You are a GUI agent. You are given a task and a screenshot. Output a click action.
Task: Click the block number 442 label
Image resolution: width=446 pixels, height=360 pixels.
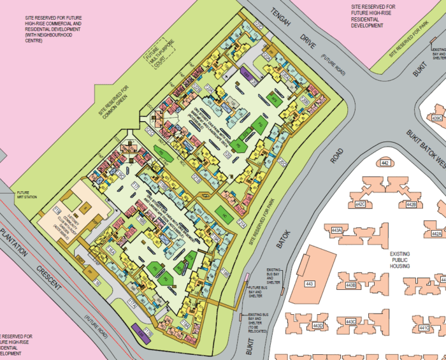click(x=384, y=164)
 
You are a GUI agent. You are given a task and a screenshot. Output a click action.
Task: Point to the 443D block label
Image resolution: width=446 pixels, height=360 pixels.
click(x=318, y=326)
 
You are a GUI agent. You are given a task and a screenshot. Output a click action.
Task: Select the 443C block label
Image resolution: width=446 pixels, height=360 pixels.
click(x=351, y=322)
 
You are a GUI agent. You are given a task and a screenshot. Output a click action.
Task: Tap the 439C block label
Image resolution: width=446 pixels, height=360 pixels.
click(x=437, y=119)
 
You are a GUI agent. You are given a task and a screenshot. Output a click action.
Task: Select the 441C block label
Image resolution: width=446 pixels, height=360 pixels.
click(x=425, y=328)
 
